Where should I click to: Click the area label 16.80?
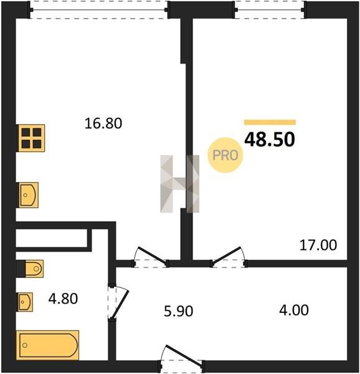coord(103,123)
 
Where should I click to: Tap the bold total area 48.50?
coord(270,140)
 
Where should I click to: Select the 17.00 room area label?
coord(318,245)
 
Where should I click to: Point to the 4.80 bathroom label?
coord(63,299)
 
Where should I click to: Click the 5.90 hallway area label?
coord(179,312)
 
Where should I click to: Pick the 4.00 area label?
coord(294,310)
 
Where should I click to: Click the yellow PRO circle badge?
coord(225,155)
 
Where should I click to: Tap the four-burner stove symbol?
coord(31,138)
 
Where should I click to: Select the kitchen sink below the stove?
coord(27,195)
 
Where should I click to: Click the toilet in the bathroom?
coord(30,269)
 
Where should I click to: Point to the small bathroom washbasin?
coord(24,302)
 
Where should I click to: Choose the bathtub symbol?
coord(48,345)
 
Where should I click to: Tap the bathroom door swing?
coord(118,302)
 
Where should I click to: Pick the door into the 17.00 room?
coord(229,257)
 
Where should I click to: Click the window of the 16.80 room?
coord(99,10)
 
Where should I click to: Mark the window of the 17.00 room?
coord(270,10)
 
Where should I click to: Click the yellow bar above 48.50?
coord(270,122)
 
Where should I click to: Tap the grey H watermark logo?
coord(180,184)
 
